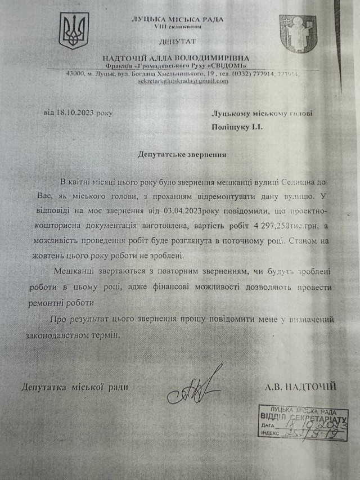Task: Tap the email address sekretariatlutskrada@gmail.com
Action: [183, 82]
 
